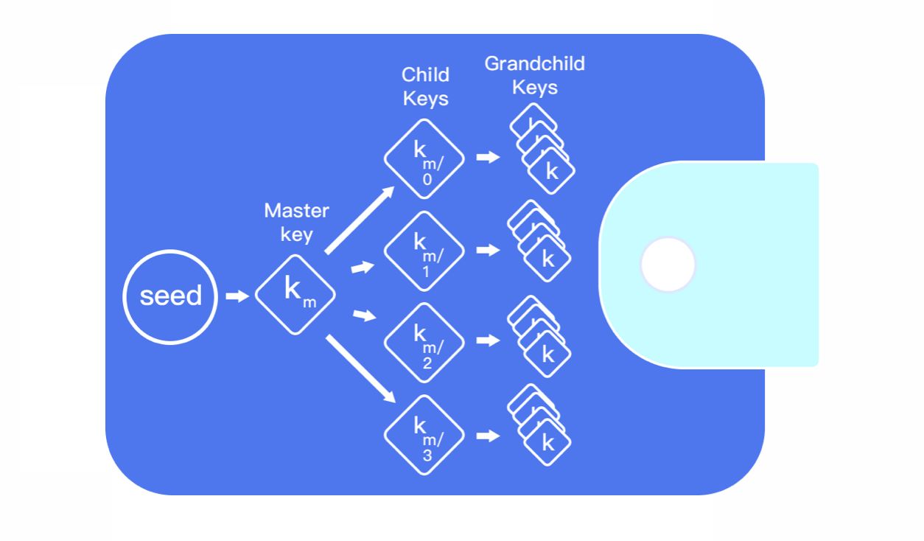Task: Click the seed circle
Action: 170,296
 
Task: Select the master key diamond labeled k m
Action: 295,294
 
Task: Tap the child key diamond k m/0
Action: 424,158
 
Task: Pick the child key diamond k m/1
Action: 424,251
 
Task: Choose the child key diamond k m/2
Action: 424,342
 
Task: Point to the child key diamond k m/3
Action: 424,435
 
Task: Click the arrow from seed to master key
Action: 237,296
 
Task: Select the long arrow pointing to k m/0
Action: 359,220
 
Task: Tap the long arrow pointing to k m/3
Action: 360,368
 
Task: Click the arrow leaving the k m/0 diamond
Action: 488,157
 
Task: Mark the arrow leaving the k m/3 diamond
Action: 488,436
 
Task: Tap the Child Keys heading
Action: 425,86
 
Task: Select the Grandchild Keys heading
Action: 535,75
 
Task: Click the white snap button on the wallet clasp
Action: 668,264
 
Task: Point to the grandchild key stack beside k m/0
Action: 543,150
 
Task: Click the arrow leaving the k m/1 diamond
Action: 488,251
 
